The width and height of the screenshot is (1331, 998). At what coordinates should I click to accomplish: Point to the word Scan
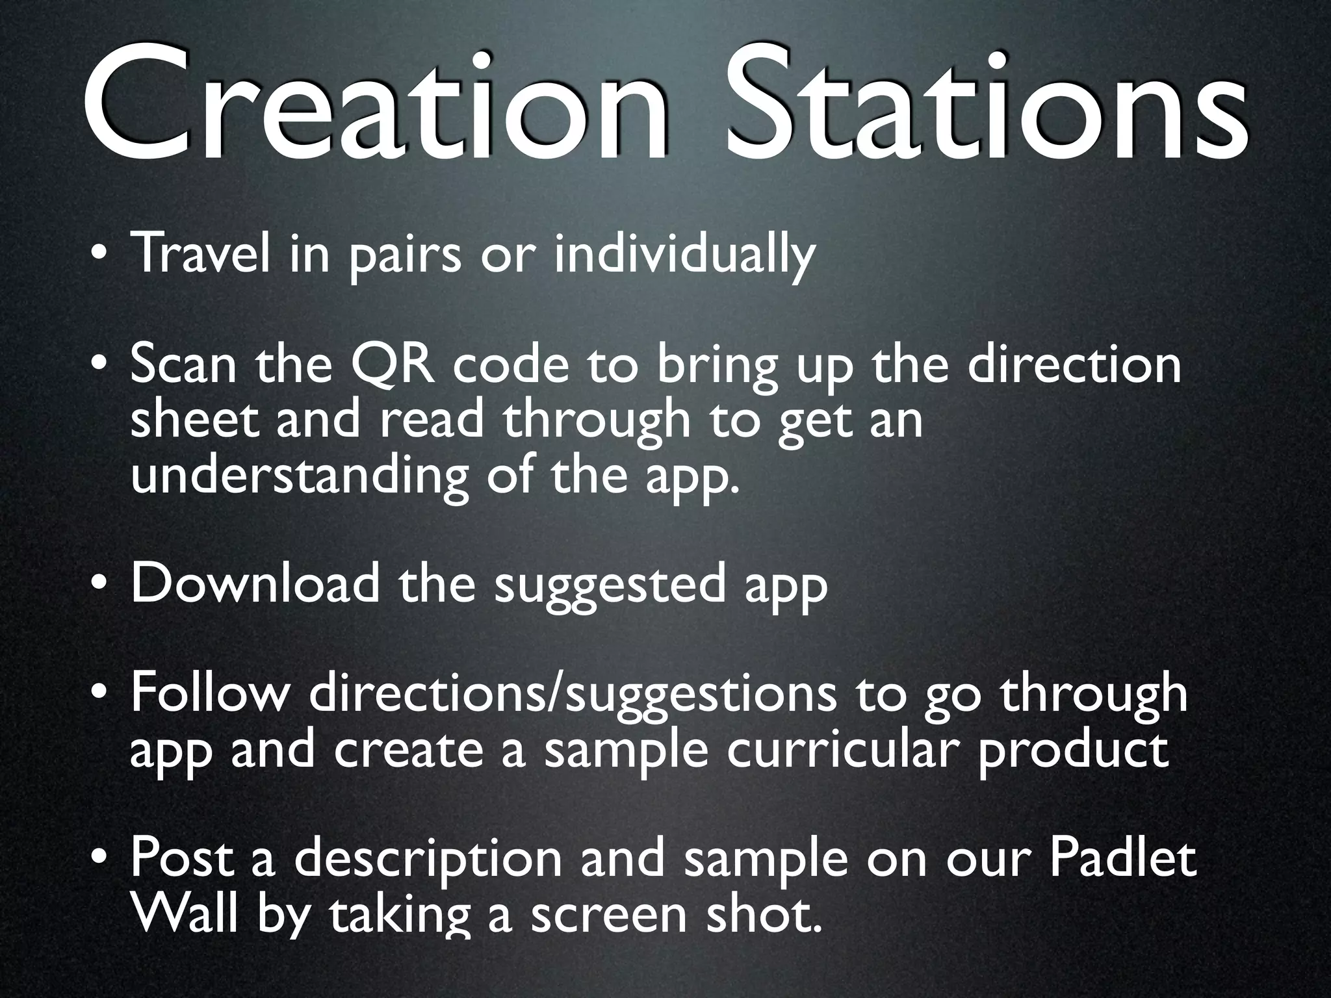183,366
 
